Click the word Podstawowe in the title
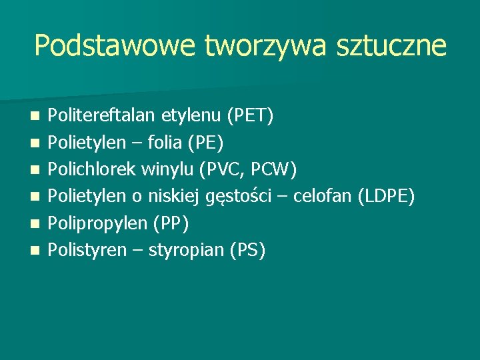point(114,46)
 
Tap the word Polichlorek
point(93,170)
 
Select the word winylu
point(168,171)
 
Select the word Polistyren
point(87,251)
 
